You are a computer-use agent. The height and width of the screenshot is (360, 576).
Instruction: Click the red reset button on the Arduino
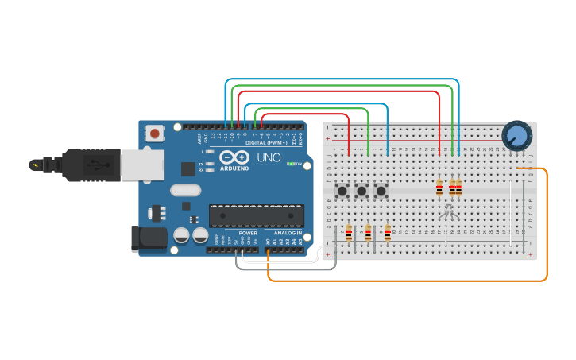point(154,133)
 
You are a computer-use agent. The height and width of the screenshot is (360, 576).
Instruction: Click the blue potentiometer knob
point(516,134)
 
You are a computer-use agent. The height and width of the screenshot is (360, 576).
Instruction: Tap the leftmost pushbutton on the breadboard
point(343,191)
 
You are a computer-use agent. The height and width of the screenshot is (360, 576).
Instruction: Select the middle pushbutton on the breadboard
point(362,191)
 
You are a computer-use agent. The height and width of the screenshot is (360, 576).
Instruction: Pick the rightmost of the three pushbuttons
point(381,191)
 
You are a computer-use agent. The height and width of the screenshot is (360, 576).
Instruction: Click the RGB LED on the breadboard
point(449,211)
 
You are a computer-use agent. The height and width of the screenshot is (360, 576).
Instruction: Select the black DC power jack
point(149,238)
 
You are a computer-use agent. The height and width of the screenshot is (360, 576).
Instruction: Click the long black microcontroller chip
point(256,215)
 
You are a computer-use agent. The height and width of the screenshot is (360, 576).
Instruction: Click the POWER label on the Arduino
point(248,233)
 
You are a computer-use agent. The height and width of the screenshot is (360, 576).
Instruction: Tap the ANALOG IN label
point(288,233)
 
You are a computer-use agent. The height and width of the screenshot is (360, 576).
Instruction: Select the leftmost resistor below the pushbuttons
point(349,233)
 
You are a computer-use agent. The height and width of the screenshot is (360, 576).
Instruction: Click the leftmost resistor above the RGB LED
point(439,188)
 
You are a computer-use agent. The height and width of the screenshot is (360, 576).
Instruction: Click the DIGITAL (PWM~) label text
point(266,143)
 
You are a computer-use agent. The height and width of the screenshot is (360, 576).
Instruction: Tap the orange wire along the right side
point(547,230)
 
